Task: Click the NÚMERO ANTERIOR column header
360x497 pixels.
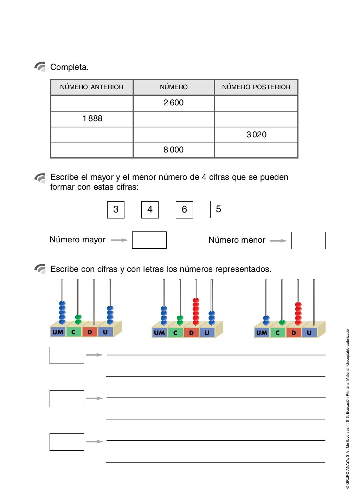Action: [x=92, y=87]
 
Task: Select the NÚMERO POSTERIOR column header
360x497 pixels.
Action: [x=256, y=87]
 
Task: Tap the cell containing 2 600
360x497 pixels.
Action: [x=173, y=103]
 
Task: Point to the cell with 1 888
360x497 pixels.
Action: [x=92, y=119]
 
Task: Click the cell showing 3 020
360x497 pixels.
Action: [x=256, y=135]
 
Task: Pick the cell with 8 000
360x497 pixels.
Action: [x=173, y=150]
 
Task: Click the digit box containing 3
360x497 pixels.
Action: [x=116, y=210]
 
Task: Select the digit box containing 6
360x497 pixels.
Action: [x=184, y=210]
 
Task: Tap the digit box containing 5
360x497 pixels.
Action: [x=218, y=209]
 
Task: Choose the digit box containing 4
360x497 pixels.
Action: [x=150, y=210]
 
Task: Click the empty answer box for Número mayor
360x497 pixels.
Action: [x=149, y=240]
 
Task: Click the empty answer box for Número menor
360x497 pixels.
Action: [x=308, y=241]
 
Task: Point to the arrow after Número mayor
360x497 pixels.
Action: [x=119, y=240]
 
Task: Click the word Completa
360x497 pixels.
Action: [x=69, y=67]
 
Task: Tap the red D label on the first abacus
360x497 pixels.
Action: [x=90, y=332]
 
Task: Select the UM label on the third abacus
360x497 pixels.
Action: [x=261, y=333]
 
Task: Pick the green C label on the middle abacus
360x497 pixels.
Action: [x=175, y=333]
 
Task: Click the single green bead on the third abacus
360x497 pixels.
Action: [x=282, y=322]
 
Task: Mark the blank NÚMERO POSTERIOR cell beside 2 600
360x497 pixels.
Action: [x=256, y=103]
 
